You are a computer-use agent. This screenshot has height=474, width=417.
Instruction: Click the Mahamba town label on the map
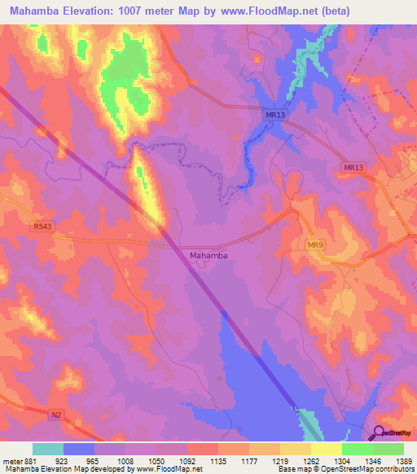[208, 256]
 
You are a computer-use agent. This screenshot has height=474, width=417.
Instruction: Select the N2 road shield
[55, 415]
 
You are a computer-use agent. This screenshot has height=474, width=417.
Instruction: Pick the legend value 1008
[126, 460]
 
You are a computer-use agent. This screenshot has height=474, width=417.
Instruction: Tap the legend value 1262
[311, 460]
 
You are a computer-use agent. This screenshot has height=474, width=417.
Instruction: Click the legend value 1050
[156, 460]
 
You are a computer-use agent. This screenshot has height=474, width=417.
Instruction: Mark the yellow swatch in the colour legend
[327, 449]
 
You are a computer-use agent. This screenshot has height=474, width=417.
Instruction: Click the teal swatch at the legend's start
[47, 449]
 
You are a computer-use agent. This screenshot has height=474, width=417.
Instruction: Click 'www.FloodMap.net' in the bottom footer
[169, 469]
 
